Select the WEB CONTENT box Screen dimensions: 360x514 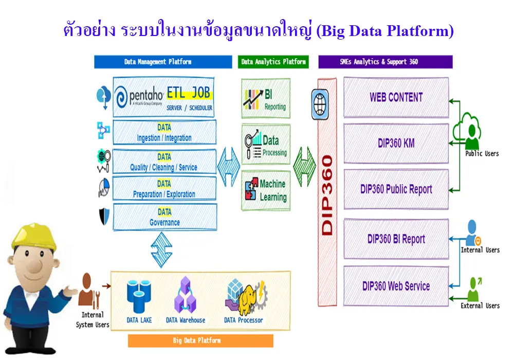click(x=396, y=97)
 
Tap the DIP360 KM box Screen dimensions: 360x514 click(x=396, y=143)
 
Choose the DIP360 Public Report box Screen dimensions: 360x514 click(x=396, y=189)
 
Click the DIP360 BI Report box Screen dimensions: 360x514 click(x=396, y=239)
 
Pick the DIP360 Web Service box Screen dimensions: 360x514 click(x=396, y=286)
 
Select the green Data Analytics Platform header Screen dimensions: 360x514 click(x=273, y=62)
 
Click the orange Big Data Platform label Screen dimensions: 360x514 click(x=200, y=340)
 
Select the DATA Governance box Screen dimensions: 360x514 click(x=164, y=217)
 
